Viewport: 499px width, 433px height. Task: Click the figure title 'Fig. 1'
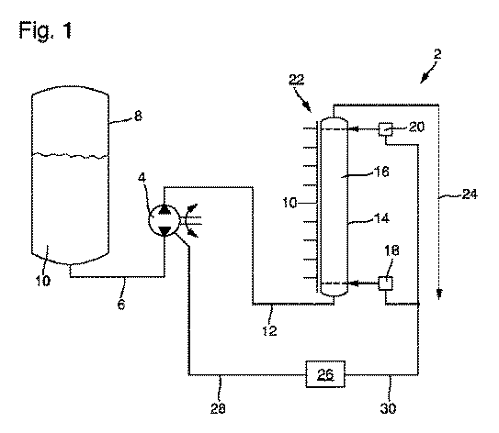46,30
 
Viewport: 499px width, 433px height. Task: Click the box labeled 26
325,374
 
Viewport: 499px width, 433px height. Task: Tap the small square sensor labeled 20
385,129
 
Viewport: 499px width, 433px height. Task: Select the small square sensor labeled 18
385,283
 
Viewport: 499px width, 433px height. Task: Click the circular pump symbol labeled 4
164,220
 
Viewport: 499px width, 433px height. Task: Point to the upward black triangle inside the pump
164,209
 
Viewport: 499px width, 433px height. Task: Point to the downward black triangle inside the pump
164,231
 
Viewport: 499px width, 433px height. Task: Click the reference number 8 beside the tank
138,116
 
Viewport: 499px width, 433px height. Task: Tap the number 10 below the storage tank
42,281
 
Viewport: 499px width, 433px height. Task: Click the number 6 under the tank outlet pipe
121,305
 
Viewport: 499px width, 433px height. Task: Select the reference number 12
269,330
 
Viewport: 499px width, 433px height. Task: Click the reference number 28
218,408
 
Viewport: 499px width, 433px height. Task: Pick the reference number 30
388,408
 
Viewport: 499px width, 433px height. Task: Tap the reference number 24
470,194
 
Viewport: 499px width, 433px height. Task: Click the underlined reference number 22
296,79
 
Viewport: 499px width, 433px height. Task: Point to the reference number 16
381,172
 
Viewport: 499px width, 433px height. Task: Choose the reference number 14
381,218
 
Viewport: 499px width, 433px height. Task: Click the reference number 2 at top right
438,54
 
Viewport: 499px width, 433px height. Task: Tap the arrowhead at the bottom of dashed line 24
439,294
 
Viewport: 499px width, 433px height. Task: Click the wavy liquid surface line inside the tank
71,155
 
